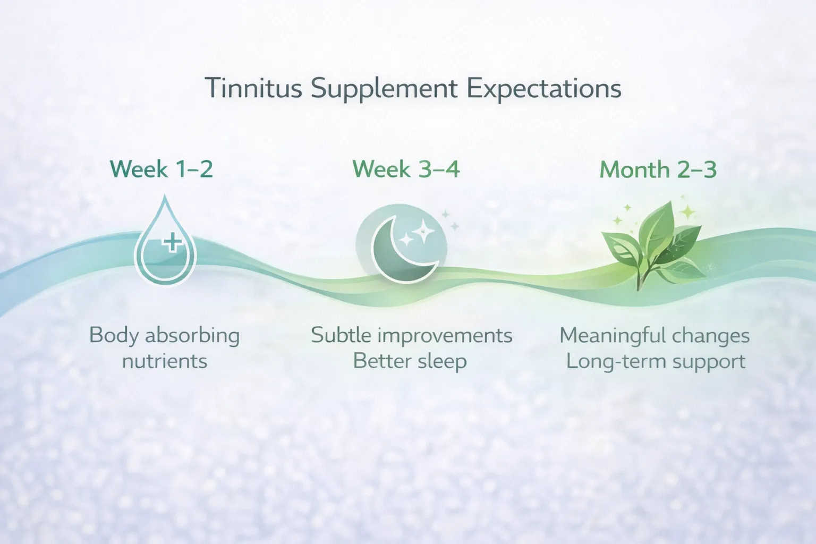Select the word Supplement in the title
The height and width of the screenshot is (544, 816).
pyautogui.click(x=384, y=89)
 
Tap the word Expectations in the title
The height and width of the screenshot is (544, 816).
pyautogui.click(x=544, y=89)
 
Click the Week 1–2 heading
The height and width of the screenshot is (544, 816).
pyautogui.click(x=161, y=169)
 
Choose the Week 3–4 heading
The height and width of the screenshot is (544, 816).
pyautogui.click(x=406, y=169)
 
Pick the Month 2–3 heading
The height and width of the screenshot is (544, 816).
pyautogui.click(x=658, y=170)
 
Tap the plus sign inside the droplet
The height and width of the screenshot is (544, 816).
pyautogui.click(x=172, y=243)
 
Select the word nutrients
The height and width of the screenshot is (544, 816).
pyautogui.click(x=165, y=361)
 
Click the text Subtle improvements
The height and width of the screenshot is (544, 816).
pyautogui.click(x=411, y=336)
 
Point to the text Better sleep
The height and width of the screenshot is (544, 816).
pyautogui.click(x=410, y=361)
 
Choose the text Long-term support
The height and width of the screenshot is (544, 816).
pyautogui.click(x=656, y=361)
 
